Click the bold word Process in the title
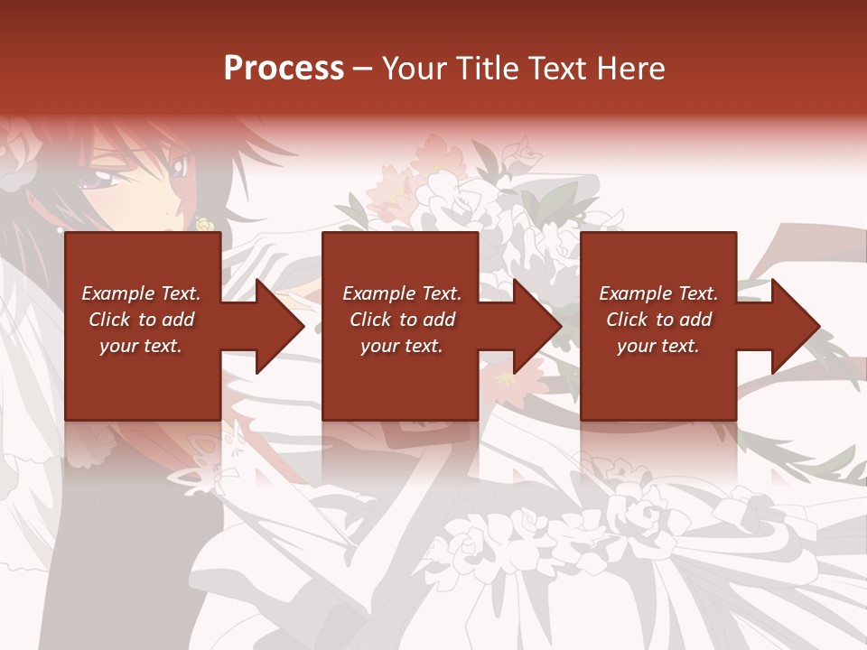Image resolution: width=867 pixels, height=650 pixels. [x=284, y=69]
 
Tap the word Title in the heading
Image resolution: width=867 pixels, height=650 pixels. [x=487, y=69]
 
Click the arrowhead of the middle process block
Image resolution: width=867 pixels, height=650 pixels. [x=536, y=326]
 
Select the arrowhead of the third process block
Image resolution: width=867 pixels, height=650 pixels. [x=795, y=326]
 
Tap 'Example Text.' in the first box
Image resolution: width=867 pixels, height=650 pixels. [x=141, y=293]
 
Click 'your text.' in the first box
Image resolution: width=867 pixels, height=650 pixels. [x=141, y=346]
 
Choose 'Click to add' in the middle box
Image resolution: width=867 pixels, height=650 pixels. [x=402, y=320]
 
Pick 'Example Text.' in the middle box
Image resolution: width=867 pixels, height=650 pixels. [x=402, y=293]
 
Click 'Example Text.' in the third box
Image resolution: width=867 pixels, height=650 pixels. [x=658, y=293]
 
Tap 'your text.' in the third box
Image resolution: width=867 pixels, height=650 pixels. [x=658, y=346]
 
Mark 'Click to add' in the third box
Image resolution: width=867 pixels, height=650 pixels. [x=658, y=320]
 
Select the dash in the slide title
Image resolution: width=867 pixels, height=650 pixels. [x=362, y=69]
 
